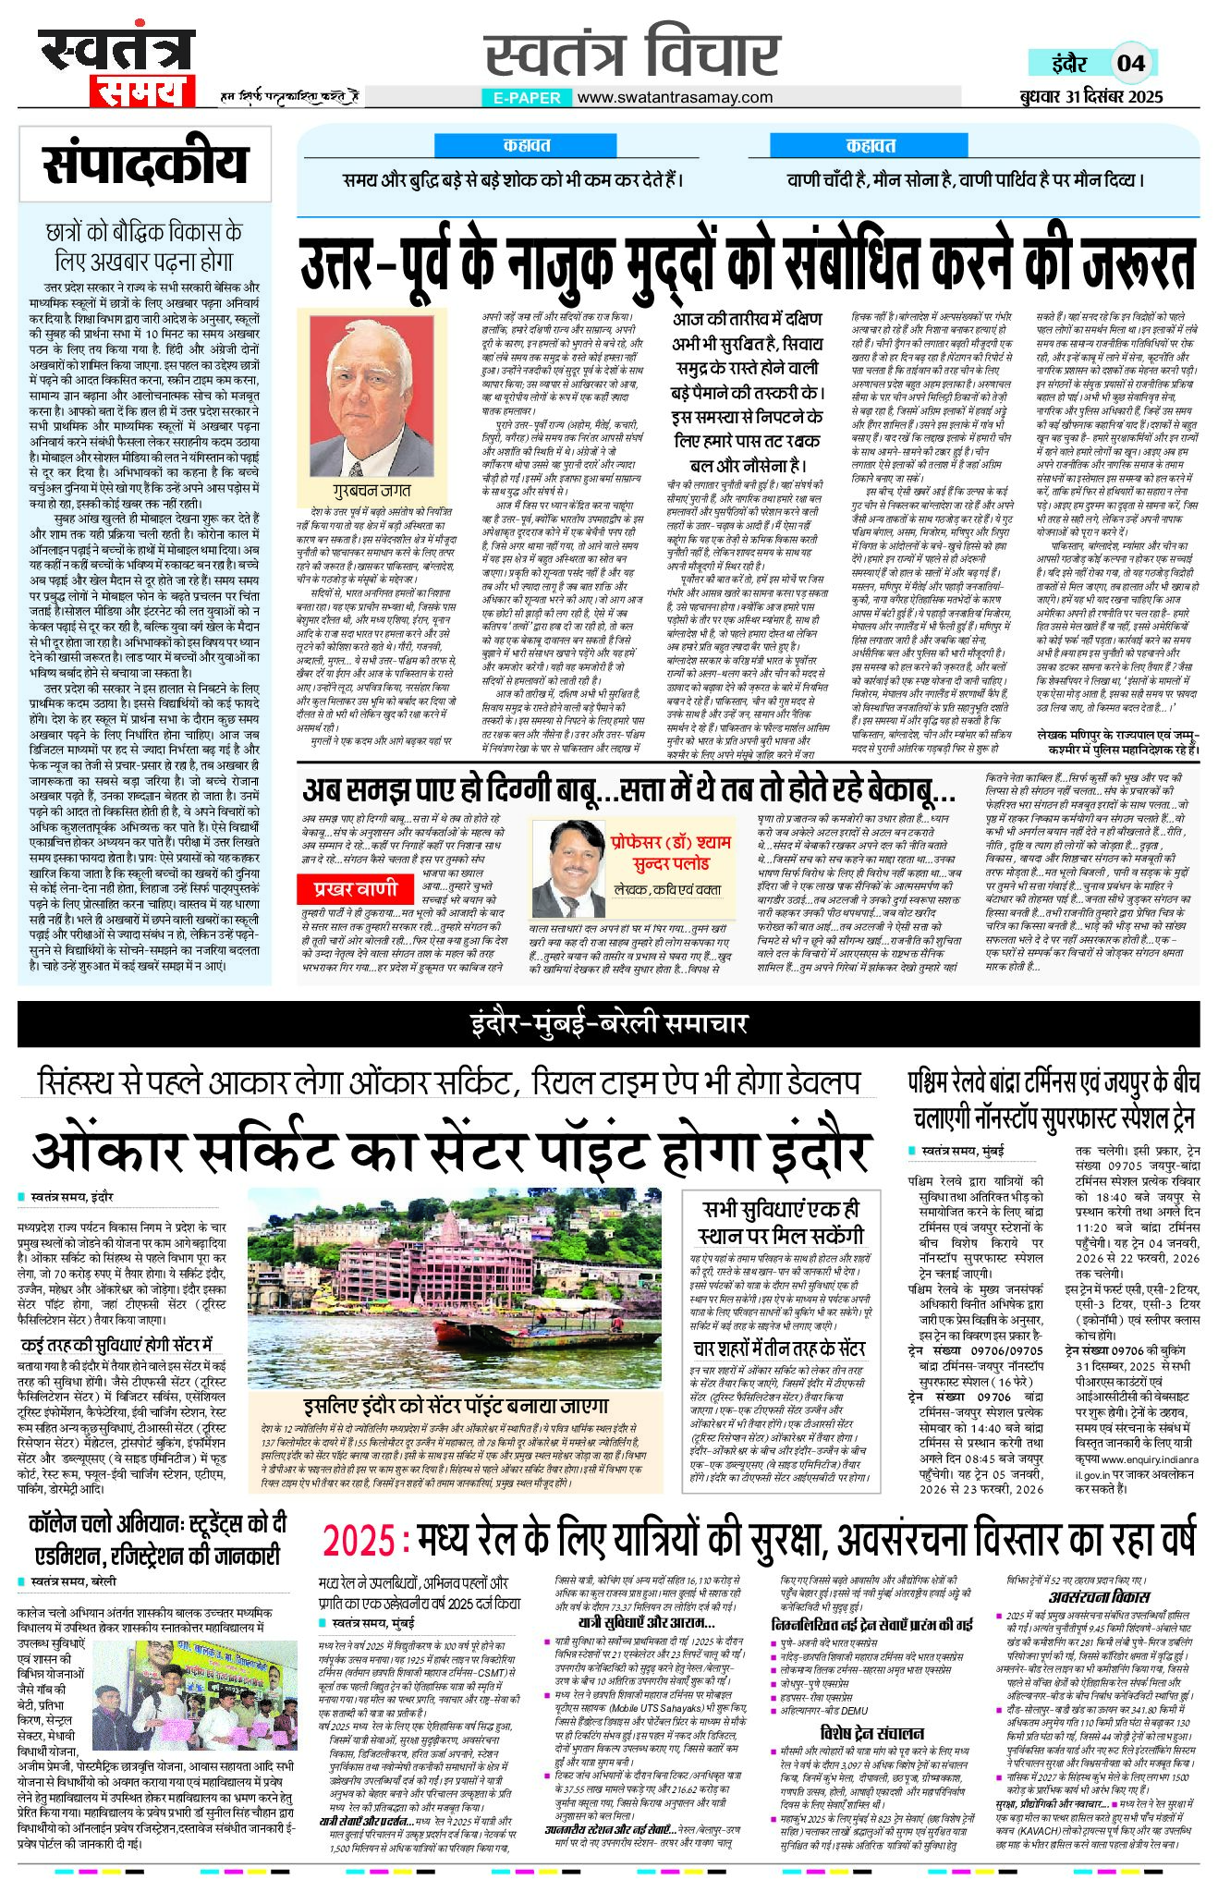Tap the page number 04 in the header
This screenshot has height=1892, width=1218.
pos(1131,63)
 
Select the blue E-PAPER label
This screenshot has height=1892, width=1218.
pos(527,97)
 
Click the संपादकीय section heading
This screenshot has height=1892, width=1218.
pos(145,164)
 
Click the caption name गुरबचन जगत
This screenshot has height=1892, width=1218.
pos(371,490)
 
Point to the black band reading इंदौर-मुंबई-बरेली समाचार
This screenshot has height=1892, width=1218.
pos(608,1024)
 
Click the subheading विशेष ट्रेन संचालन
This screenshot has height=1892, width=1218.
pos(871,1732)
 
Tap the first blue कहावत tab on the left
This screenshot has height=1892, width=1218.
pos(526,145)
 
